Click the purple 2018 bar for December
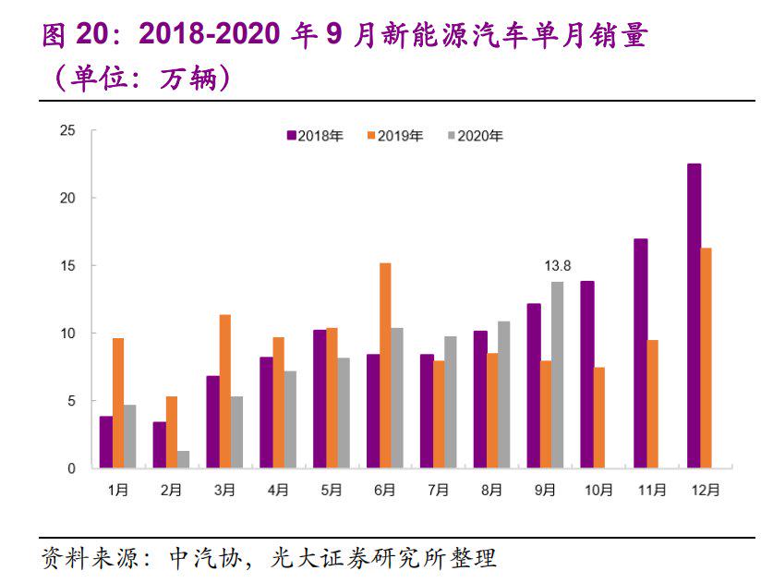pos(694,316)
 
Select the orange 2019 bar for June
pos(385,366)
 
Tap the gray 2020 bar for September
pos(557,375)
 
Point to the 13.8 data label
pos(557,266)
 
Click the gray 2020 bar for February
pos(183,459)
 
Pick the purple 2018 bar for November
pos(640,353)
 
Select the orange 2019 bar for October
pos(600,418)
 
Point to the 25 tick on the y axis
pos(66,130)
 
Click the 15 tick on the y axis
pos(66,265)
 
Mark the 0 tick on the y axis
pos(70,468)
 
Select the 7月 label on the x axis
pos(438,492)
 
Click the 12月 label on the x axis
pos(707,492)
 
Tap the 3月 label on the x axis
pos(223,492)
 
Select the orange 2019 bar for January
pos(118,403)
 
